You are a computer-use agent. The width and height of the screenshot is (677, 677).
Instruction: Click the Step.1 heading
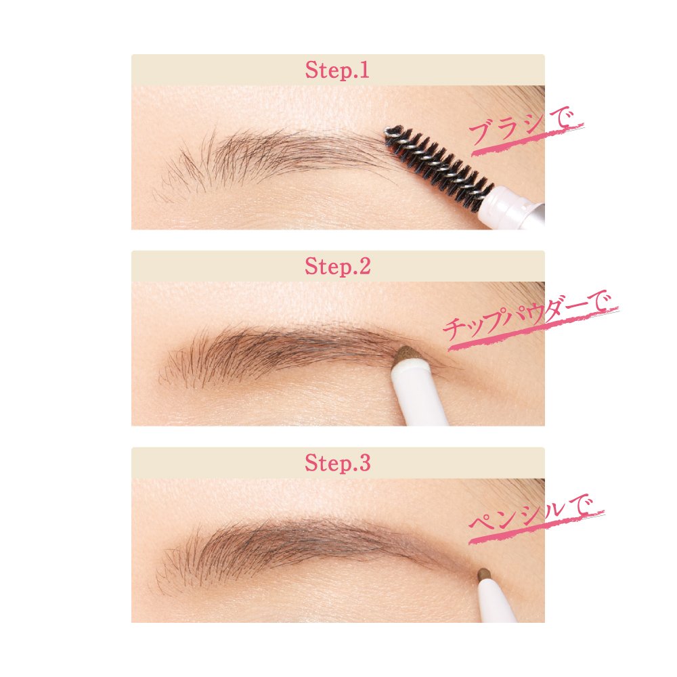337,70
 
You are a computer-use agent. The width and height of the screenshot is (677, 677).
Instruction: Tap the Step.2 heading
337,267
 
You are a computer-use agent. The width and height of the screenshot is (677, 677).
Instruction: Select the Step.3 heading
337,463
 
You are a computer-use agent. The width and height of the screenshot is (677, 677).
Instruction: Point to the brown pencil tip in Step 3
484,573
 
